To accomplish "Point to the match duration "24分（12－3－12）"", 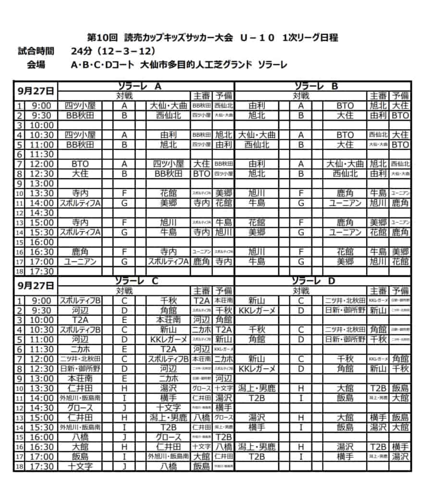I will point(112,51).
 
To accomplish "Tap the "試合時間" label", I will point(36,51).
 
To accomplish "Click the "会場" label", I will point(36,65).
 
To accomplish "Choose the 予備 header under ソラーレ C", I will point(224,291).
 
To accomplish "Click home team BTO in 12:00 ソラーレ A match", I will point(80,164).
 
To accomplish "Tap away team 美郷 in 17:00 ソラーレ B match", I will point(345,261).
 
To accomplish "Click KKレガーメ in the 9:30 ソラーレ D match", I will point(257,310).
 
